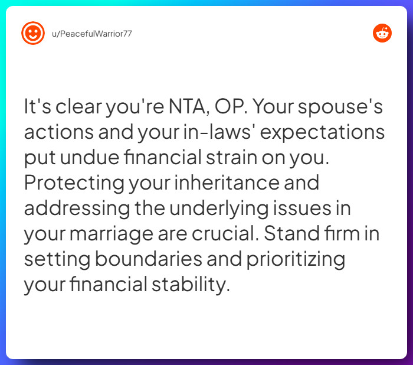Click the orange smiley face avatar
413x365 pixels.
(x=33, y=33)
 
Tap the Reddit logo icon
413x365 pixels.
(x=382, y=33)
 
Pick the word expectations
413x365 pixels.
(x=322, y=133)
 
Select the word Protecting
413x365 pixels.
(x=73, y=183)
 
